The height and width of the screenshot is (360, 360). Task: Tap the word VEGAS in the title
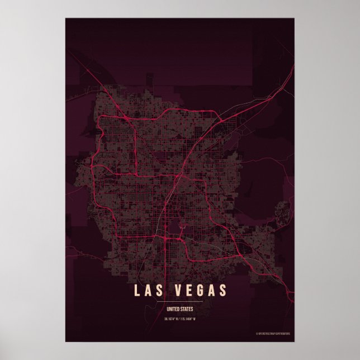[200, 291]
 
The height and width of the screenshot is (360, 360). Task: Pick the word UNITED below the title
[173, 308]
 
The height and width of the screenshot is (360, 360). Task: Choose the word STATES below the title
[186, 308]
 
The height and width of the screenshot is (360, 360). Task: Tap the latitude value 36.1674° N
[172, 319]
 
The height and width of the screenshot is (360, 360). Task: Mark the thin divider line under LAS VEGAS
[180, 302]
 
